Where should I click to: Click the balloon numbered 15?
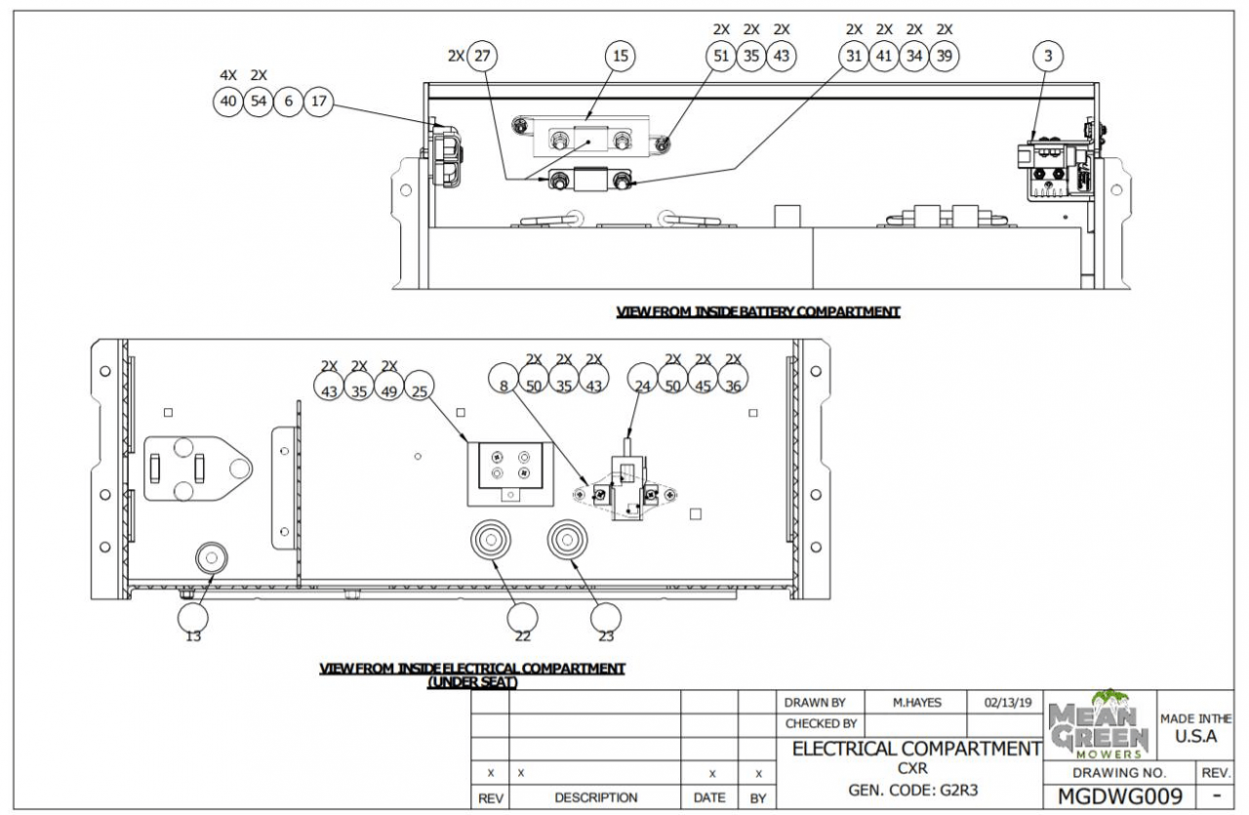[620, 57]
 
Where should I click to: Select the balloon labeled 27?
[481, 57]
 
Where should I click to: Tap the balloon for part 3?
[1048, 57]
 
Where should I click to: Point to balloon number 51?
[721, 57]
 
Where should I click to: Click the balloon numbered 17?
[318, 101]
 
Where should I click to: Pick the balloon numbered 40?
[227, 101]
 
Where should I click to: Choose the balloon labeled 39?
[944, 57]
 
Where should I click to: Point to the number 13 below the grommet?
[193, 636]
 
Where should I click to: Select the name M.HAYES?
[917, 702]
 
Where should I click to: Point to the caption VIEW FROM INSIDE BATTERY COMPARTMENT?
[757, 312]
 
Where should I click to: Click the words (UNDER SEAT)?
[472, 682]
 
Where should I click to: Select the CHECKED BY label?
[821, 724]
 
